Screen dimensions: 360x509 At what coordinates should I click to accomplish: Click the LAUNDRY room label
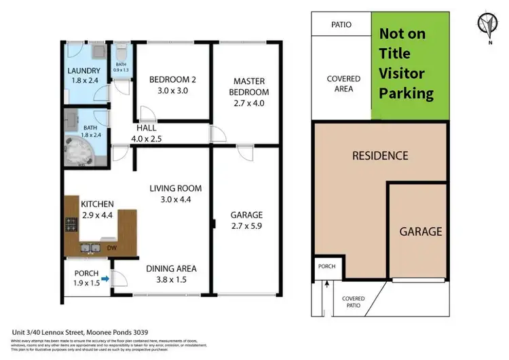(84, 71)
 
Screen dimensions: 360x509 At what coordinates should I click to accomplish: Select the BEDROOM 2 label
(172, 79)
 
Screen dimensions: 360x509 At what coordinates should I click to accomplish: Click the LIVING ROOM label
(176, 188)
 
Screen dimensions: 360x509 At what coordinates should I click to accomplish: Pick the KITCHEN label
(97, 204)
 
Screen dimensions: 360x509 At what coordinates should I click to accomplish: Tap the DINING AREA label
(172, 269)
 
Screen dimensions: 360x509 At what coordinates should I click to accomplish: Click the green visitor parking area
(410, 67)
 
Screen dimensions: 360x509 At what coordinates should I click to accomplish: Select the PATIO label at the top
(341, 24)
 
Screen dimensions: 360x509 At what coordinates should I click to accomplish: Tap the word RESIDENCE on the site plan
(379, 156)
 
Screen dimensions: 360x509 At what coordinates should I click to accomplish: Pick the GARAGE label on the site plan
(420, 231)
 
